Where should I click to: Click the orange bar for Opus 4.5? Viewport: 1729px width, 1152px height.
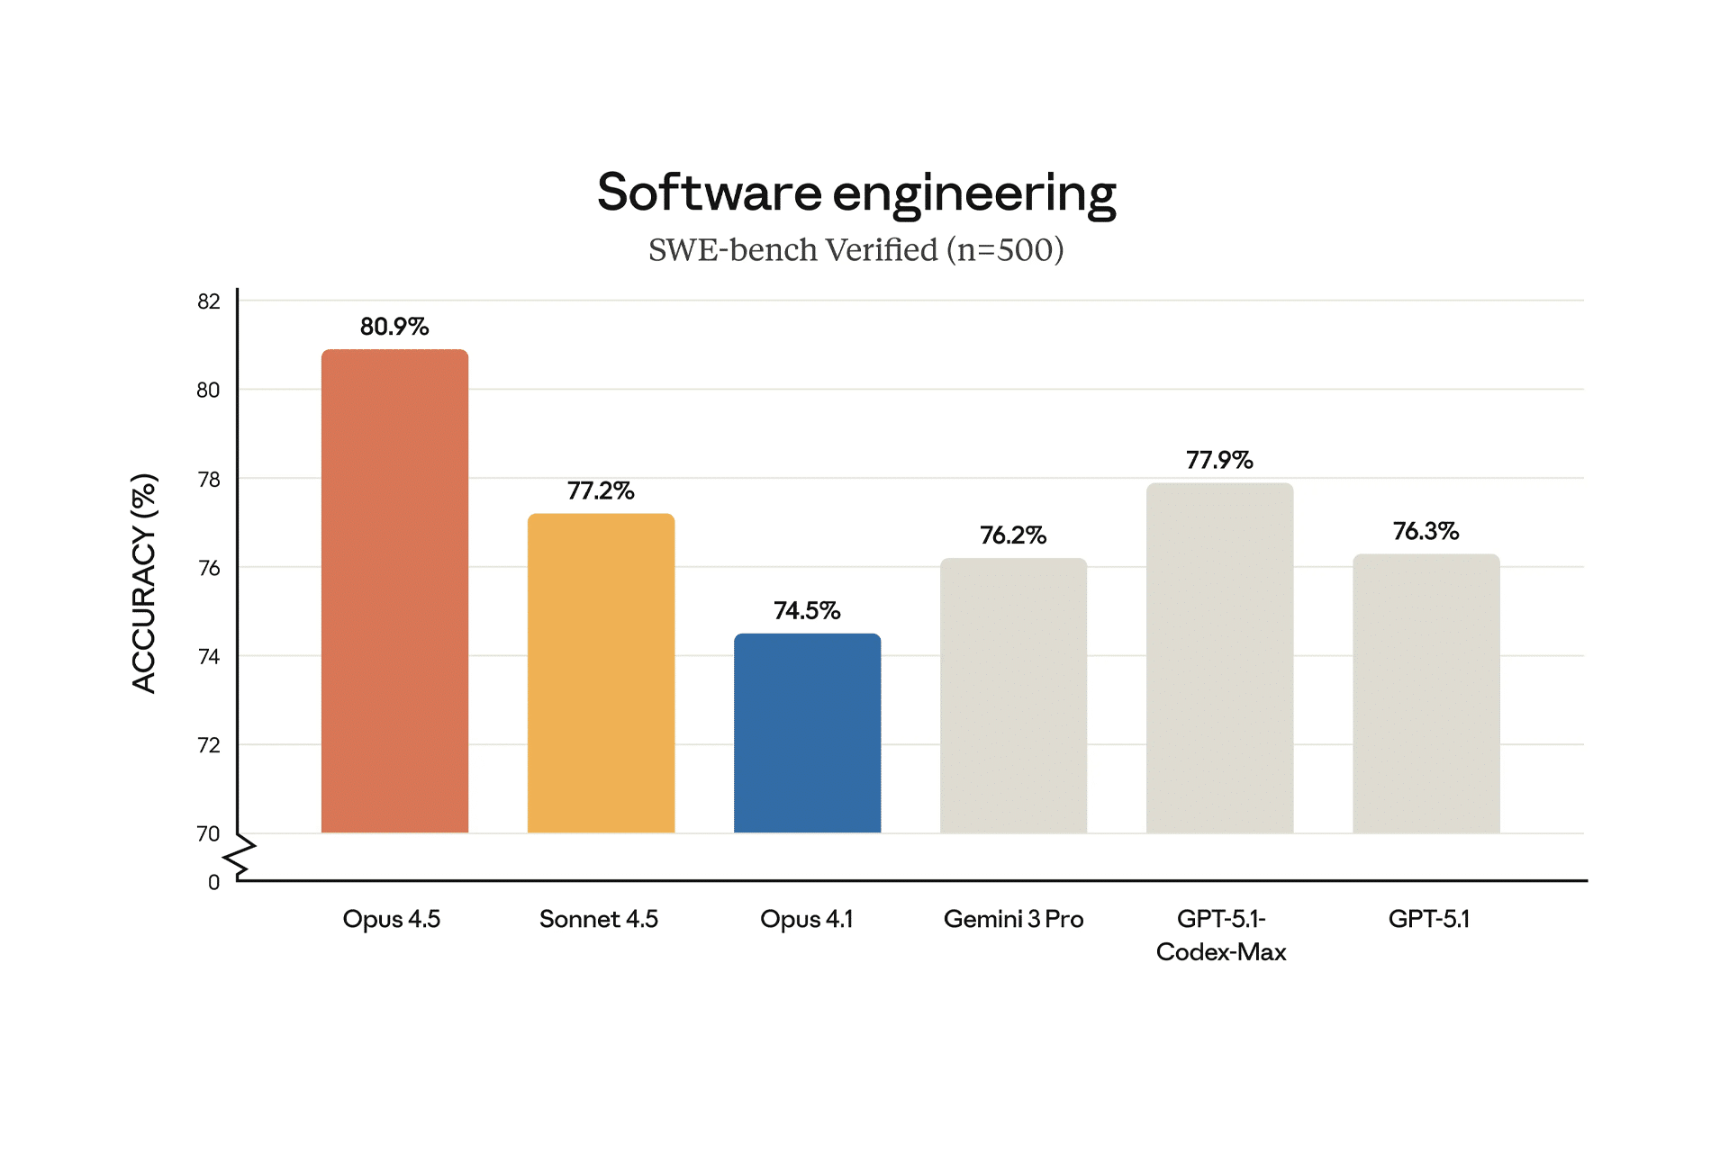tap(394, 590)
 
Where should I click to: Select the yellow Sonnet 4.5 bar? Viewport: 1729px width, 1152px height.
tap(601, 673)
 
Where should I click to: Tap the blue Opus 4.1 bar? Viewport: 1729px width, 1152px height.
tap(807, 733)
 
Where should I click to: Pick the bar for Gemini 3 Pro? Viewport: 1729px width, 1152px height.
tap(1013, 695)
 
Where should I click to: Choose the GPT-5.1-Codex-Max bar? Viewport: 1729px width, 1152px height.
tap(1219, 657)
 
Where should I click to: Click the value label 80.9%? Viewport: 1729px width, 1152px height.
tap(394, 327)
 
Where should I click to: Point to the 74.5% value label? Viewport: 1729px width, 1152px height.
tap(807, 611)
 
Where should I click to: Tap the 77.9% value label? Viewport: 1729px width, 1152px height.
tap(1219, 461)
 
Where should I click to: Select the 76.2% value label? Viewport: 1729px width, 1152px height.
tap(1013, 535)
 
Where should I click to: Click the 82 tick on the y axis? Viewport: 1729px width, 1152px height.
tap(209, 301)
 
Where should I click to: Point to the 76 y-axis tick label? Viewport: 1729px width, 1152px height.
tap(209, 568)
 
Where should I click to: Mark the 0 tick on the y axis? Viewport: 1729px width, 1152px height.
tap(213, 883)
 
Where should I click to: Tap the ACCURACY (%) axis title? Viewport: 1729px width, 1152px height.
tap(144, 583)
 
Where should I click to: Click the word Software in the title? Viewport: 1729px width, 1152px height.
tap(710, 193)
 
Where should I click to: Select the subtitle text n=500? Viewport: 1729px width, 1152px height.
tap(1005, 250)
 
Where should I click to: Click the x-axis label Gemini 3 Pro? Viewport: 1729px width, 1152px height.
tap(1013, 919)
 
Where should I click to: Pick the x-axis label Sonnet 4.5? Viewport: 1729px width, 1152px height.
tap(599, 919)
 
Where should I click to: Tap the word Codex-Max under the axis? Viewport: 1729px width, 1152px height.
tap(1221, 952)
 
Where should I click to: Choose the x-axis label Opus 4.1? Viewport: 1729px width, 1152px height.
tap(806, 919)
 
